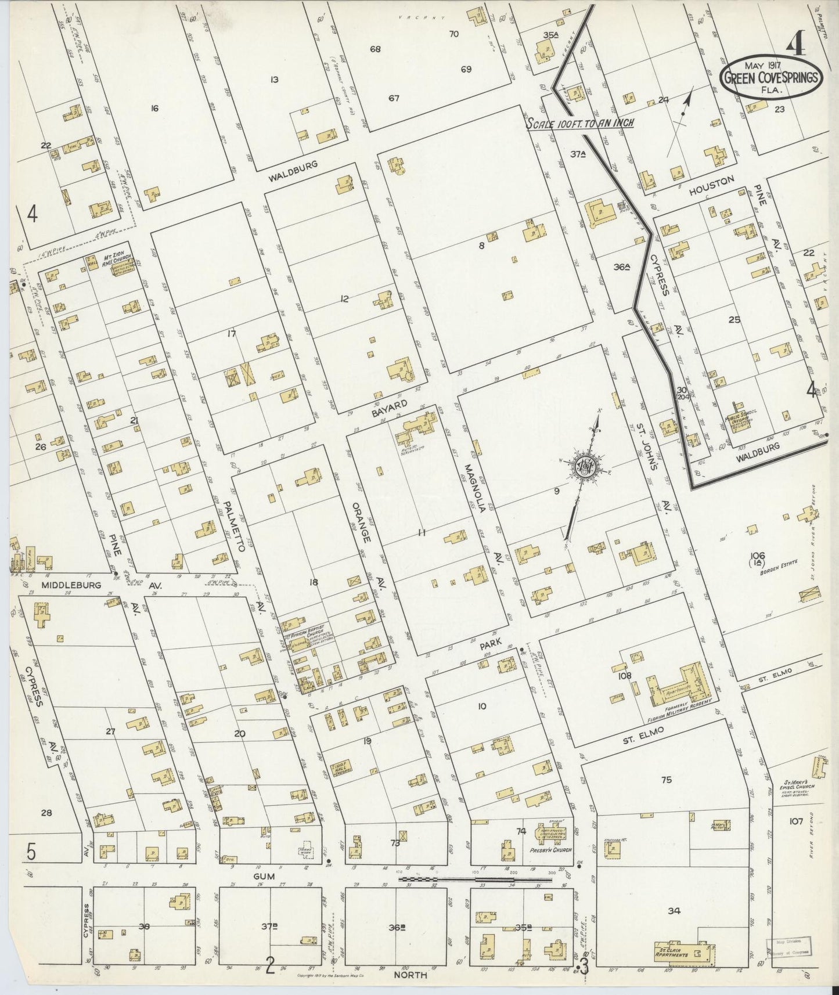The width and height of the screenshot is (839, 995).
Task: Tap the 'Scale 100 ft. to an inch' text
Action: (x=579, y=123)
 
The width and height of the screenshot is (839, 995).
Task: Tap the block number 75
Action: (x=666, y=780)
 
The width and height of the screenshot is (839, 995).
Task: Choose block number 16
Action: (x=154, y=107)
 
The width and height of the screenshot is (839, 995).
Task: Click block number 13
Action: (x=275, y=79)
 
